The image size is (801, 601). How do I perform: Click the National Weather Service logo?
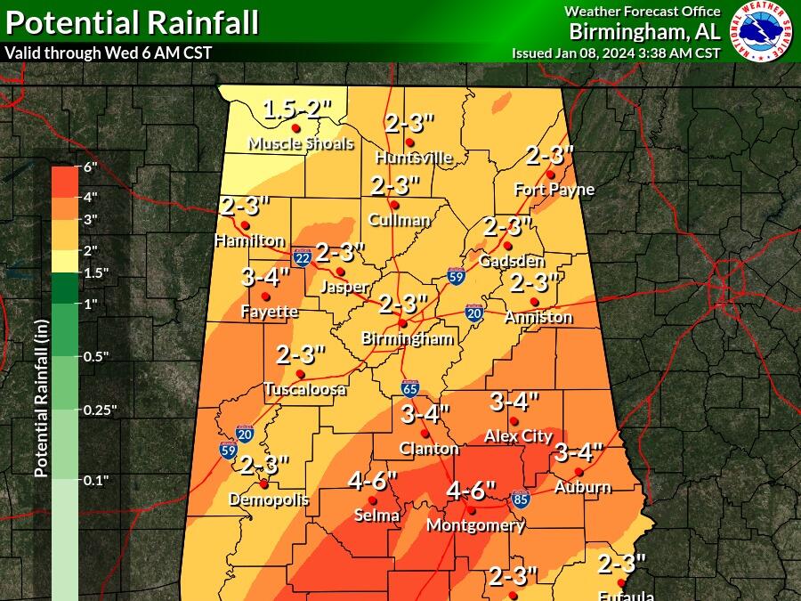(x=763, y=31)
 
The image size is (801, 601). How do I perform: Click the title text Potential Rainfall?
(x=133, y=21)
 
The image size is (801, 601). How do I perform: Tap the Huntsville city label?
(x=414, y=158)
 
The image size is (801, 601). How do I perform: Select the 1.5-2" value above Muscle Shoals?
(x=296, y=110)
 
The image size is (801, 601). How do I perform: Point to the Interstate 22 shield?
(x=303, y=257)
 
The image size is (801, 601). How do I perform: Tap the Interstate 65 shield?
(x=410, y=388)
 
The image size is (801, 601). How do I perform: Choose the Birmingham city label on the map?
(x=408, y=338)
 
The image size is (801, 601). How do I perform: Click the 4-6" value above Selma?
(x=372, y=482)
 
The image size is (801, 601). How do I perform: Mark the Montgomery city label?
(x=475, y=525)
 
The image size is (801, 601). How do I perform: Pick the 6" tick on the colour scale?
(x=90, y=167)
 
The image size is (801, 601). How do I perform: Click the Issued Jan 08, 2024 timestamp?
(x=616, y=53)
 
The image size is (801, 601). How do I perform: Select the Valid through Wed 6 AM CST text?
(x=109, y=52)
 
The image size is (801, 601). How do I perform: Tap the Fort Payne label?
(x=554, y=190)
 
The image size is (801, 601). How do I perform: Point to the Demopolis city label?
(x=269, y=499)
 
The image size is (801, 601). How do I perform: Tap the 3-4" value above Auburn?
(x=578, y=452)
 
